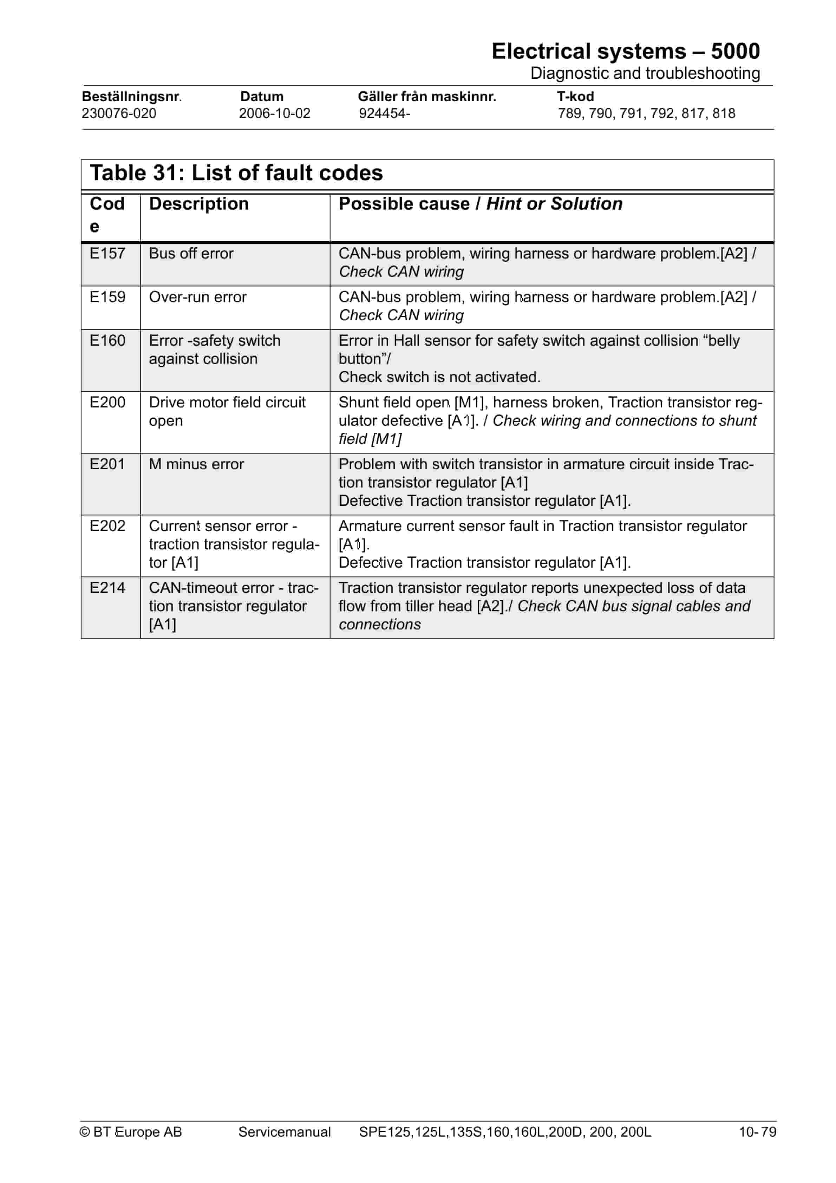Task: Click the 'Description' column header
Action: [198, 204]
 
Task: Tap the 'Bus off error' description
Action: [191, 254]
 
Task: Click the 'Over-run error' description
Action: [197, 297]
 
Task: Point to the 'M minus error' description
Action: [196, 464]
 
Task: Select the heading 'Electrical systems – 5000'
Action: [625, 52]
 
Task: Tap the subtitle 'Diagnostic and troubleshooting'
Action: [645, 73]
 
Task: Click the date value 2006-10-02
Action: [274, 113]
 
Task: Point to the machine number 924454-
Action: [385, 113]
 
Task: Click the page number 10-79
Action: [757, 1132]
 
